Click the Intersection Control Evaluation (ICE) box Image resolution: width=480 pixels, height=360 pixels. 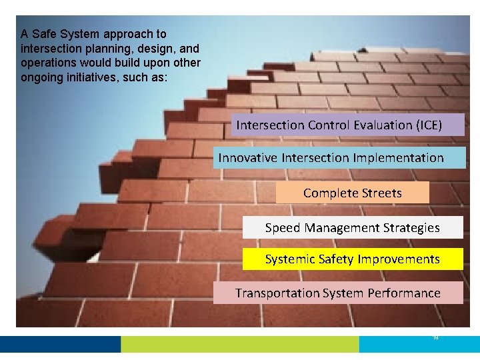click(x=347, y=125)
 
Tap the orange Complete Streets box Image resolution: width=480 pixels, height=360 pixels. click(x=352, y=193)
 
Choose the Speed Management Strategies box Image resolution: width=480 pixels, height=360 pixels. click(x=352, y=227)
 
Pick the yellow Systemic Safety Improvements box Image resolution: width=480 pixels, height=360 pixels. click(x=352, y=259)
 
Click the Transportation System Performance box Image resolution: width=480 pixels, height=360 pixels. click(x=338, y=293)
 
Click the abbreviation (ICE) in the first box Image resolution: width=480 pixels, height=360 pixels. click(x=428, y=125)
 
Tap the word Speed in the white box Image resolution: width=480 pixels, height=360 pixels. click(x=283, y=227)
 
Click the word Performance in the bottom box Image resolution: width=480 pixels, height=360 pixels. click(x=408, y=293)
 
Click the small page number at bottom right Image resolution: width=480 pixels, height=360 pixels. click(x=435, y=338)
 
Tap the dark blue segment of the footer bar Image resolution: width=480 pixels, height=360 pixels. click(x=60, y=344)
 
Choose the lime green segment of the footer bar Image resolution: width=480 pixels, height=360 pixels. click(x=240, y=344)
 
